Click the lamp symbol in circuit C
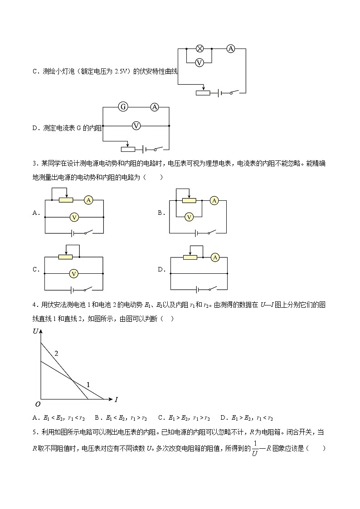[199, 48]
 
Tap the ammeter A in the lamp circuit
[231, 48]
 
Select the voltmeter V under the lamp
[199, 63]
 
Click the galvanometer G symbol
[122, 107]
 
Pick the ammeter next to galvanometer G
[155, 107]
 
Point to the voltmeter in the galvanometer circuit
[136, 126]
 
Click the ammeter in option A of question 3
[88, 200]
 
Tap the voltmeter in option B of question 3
[190, 217]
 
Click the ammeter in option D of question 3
[215, 257]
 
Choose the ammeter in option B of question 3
[215, 200]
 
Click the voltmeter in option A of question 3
[75, 218]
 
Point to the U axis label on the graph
[36, 331]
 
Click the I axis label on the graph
[116, 399]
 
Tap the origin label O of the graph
[38, 404]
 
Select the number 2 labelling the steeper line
[57, 353]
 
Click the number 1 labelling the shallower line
[88, 385]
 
